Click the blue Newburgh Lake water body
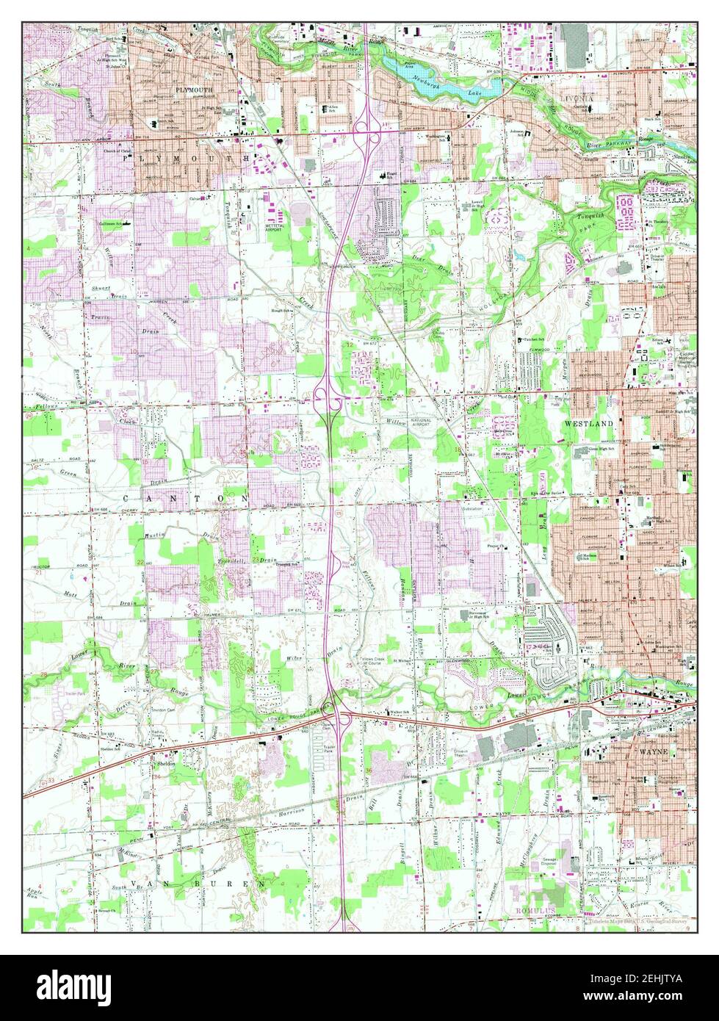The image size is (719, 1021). click(x=441, y=80)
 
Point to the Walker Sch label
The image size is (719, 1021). click(x=400, y=711)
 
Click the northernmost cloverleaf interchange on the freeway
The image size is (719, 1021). click(x=364, y=131)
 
